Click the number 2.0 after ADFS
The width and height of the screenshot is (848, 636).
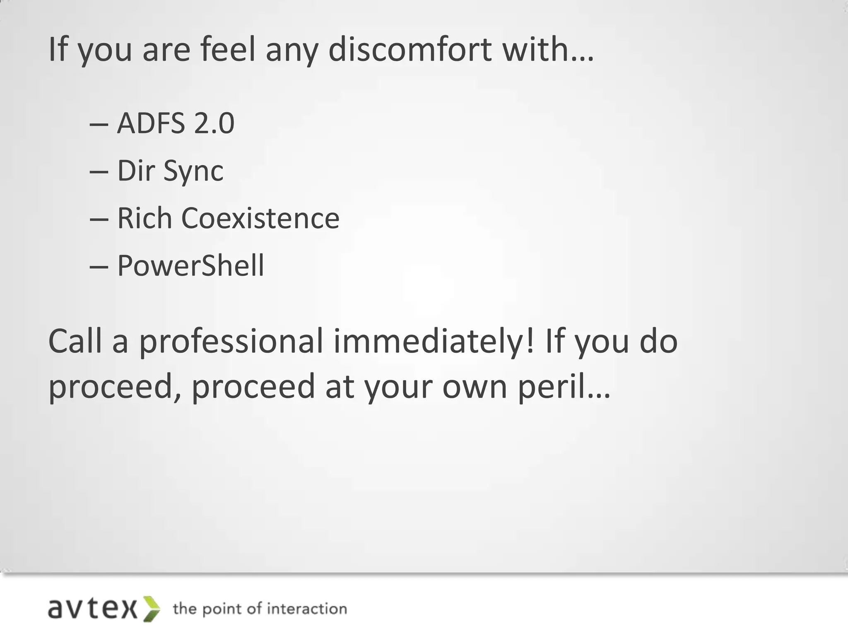coord(214,123)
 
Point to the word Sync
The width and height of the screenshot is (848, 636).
coord(193,171)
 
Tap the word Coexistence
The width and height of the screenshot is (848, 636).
coord(260,218)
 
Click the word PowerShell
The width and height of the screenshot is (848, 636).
coord(190,265)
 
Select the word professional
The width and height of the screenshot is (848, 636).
coord(231,342)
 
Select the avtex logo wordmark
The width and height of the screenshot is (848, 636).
coord(92,609)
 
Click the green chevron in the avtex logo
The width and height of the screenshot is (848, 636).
coord(151,609)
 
